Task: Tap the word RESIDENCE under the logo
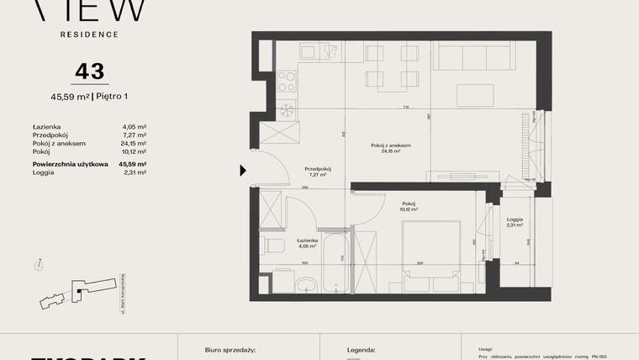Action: [88, 34]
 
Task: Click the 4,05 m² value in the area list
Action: [135, 126]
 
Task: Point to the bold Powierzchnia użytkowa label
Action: [71, 164]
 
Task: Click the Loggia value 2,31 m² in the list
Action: [135, 172]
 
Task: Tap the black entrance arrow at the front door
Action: [243, 171]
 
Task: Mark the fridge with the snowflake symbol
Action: [287, 109]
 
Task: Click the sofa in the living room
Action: [474, 58]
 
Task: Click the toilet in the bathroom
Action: [272, 245]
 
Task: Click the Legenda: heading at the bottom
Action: [362, 348]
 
